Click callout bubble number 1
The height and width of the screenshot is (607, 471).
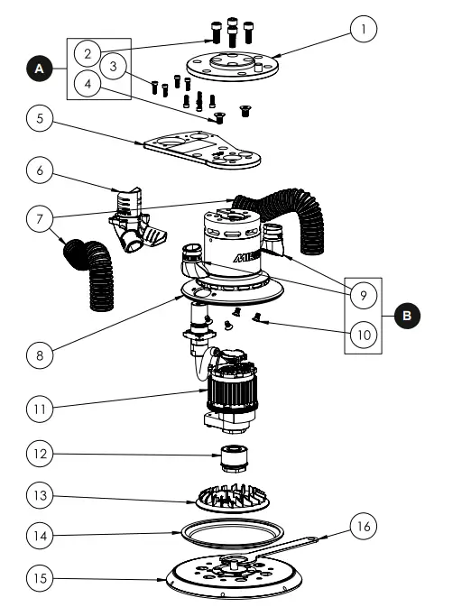pos(363,30)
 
